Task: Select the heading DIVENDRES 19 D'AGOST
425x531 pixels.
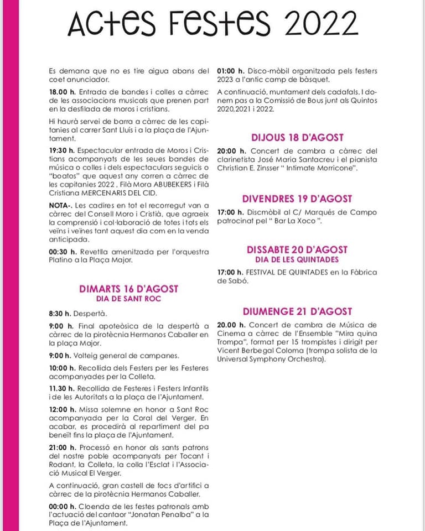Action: pyautogui.click(x=297, y=199)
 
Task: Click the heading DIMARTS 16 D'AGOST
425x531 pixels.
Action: pyautogui.click(x=129, y=288)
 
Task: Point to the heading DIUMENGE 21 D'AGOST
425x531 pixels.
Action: pyautogui.click(x=297, y=311)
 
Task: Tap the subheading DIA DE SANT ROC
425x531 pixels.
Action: pyautogui.click(x=129, y=299)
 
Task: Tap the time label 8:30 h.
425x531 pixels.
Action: pyautogui.click(x=60, y=313)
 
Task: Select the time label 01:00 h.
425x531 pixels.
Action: pyautogui.click(x=231, y=71)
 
